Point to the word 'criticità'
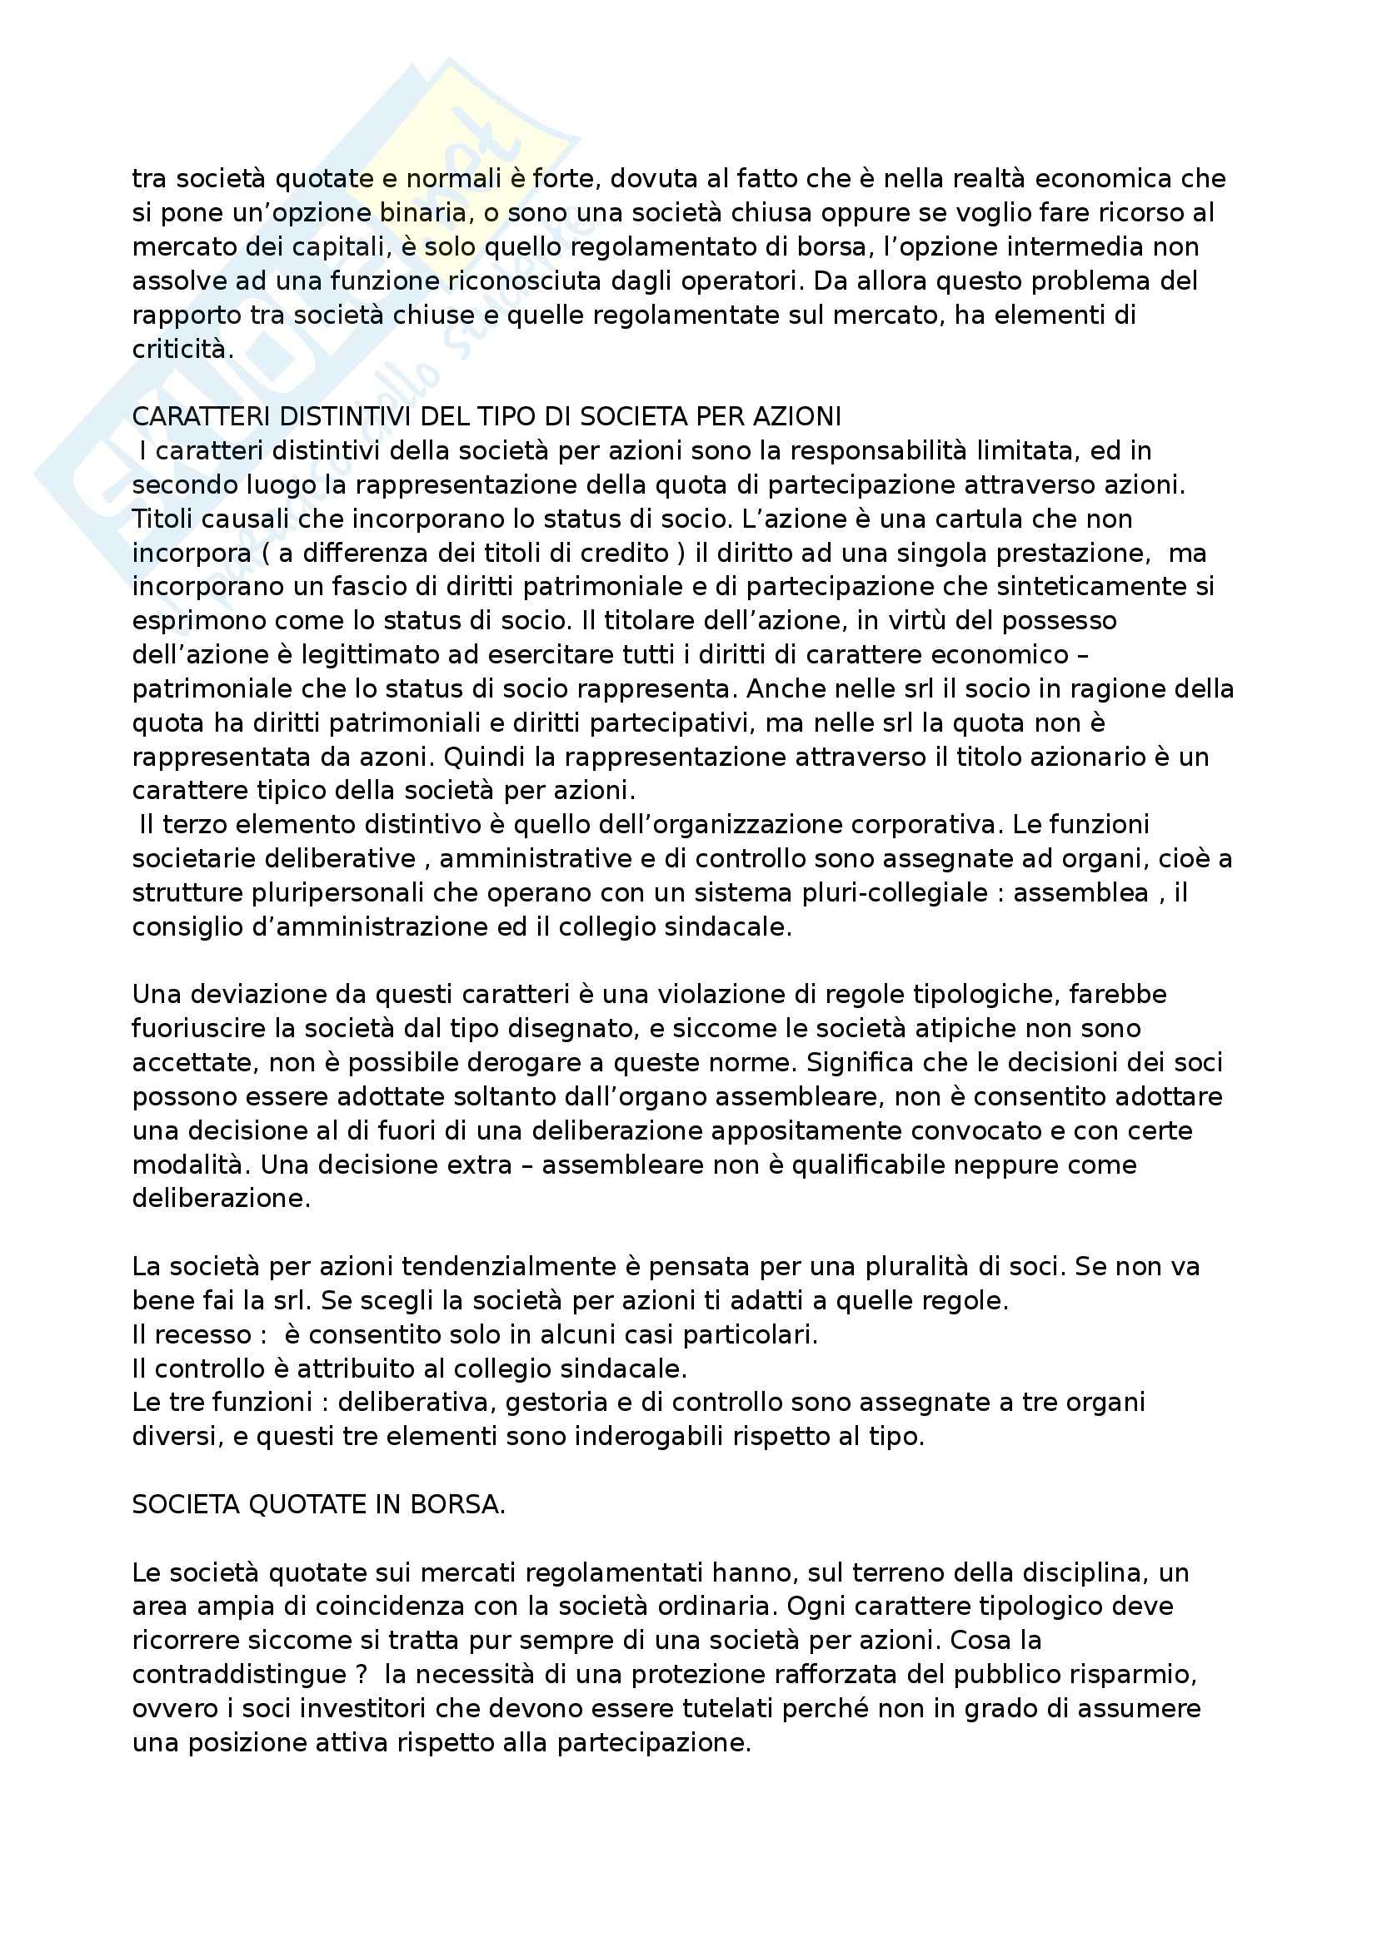tap(182, 350)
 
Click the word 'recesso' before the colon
tap(202, 1334)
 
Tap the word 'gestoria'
tap(559, 1403)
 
